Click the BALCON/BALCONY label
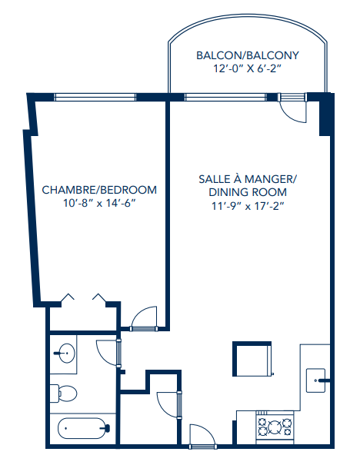coord(247,55)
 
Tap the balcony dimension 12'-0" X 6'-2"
coord(247,69)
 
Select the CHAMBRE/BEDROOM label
coord(99,190)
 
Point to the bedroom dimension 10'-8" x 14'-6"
coord(99,204)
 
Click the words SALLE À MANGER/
coord(247,178)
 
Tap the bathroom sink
coord(65,354)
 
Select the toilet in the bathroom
coord(65,394)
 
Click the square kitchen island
coord(252,360)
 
